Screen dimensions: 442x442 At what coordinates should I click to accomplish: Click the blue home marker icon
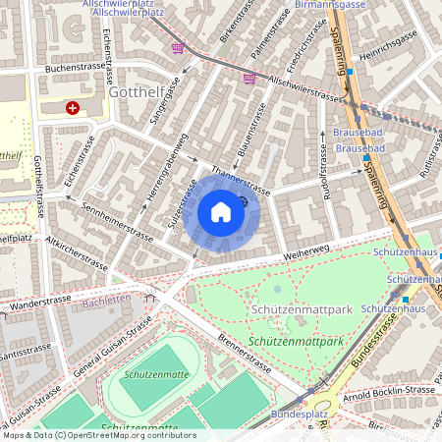221,212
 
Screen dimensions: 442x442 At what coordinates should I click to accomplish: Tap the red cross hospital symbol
73,108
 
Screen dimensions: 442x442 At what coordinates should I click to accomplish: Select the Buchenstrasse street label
75,70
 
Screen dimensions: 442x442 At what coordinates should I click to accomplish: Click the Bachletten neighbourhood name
105,299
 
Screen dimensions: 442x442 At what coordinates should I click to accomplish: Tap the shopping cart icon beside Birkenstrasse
178,47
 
